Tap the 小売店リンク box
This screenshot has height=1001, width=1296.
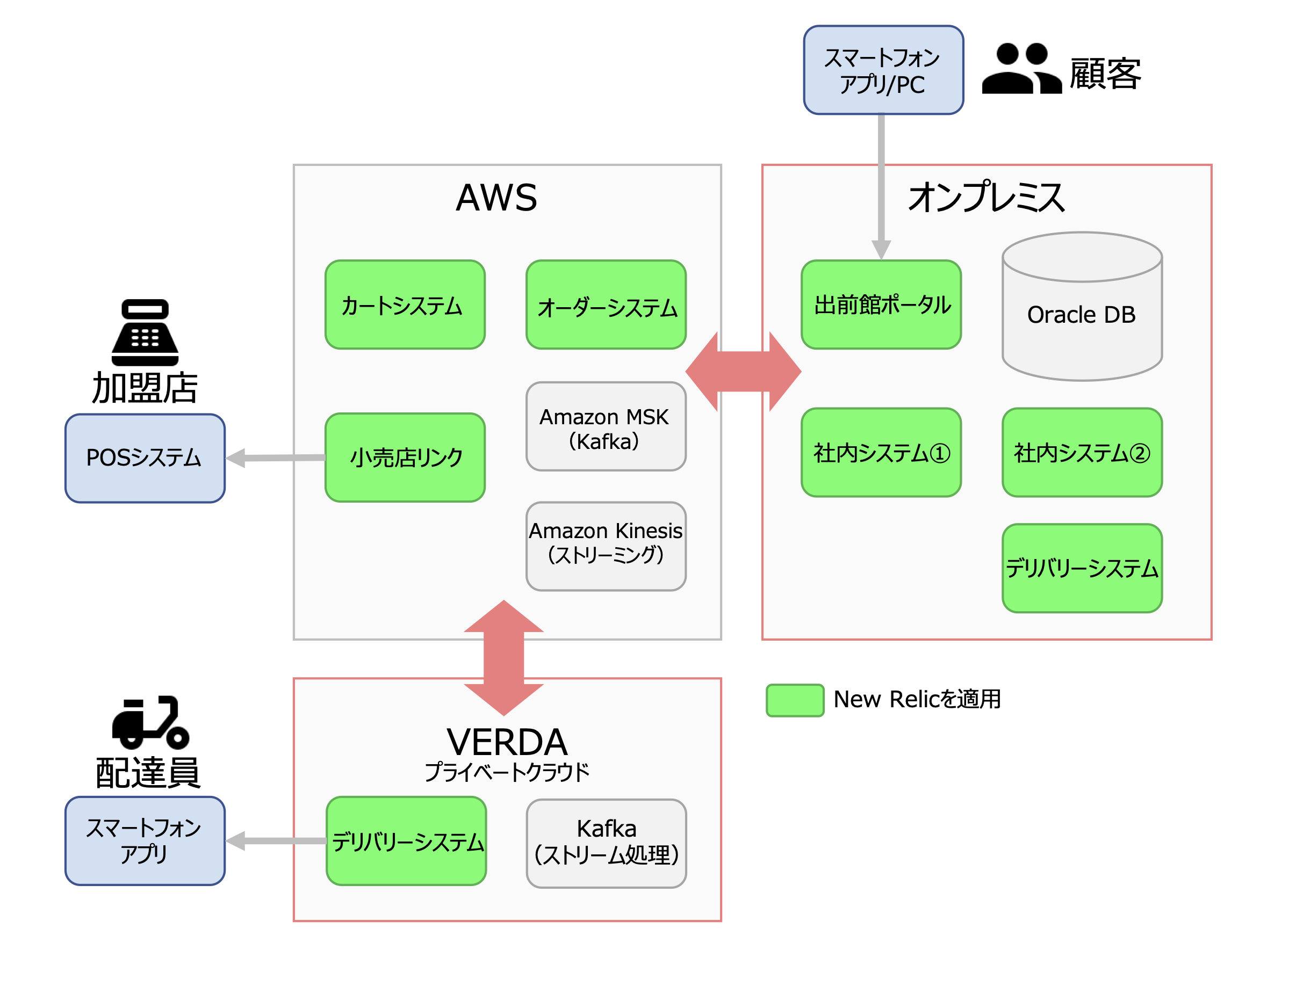coord(405,457)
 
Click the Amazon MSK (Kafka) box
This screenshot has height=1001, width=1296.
coord(606,426)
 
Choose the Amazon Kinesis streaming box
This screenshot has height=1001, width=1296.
coord(606,546)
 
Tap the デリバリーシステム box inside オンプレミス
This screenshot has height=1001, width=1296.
coord(1081,568)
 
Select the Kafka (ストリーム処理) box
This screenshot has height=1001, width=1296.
coord(606,843)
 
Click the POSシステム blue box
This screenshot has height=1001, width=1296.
coord(145,458)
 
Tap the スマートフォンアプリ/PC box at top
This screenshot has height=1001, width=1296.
coord(883,70)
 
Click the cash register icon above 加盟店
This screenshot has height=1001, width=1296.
coord(145,332)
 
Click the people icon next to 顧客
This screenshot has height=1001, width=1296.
coord(1021,69)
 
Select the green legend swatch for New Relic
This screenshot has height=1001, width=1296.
coord(795,700)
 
